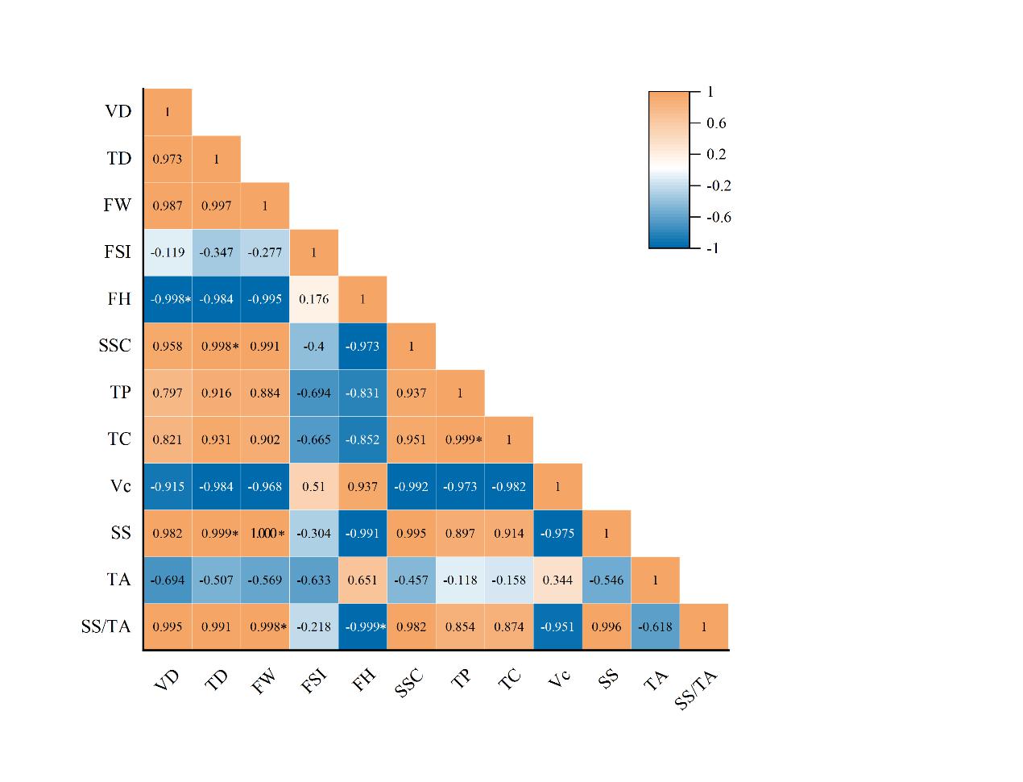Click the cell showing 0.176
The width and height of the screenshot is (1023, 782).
click(314, 299)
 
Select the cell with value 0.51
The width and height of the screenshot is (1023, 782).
click(314, 486)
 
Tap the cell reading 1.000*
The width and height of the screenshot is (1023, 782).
click(265, 533)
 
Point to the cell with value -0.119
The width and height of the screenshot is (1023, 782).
click(168, 252)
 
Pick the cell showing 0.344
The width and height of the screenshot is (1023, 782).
click(557, 580)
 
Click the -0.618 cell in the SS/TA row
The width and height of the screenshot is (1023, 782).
click(655, 626)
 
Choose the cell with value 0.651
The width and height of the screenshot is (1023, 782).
click(362, 580)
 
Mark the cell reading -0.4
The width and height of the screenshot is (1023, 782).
click(314, 346)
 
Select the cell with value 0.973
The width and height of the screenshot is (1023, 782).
click(168, 159)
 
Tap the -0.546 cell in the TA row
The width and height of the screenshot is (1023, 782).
click(607, 580)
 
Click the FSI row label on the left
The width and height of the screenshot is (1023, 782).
click(118, 252)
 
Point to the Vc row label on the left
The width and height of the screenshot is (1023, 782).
click(120, 486)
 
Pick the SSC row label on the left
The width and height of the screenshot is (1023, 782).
click(114, 346)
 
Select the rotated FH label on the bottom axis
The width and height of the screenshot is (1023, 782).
click(364, 681)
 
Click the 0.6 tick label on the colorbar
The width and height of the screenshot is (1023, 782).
click(716, 123)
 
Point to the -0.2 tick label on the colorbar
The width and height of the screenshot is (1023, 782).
click(719, 185)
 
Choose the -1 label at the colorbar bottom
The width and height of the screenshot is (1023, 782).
click(712, 248)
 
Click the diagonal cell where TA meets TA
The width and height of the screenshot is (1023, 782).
click(655, 580)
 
